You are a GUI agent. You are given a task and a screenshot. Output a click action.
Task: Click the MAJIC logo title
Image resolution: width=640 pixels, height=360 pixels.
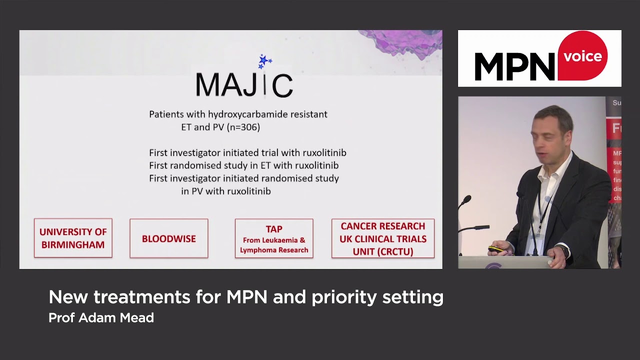point(244,84)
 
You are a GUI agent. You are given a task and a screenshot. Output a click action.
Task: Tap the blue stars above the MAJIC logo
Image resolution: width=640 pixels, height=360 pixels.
point(264,61)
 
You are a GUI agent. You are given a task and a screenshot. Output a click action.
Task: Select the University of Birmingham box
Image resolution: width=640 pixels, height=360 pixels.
point(73,238)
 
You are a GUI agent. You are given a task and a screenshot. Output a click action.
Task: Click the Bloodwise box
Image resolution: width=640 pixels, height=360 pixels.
point(169,238)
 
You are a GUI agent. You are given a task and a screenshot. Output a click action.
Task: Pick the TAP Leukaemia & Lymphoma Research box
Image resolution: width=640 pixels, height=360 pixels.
point(274,238)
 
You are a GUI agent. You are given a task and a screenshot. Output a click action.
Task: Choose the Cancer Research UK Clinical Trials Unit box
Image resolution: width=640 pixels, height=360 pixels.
point(383,238)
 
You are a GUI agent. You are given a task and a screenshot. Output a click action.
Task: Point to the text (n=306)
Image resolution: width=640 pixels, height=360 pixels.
point(243,127)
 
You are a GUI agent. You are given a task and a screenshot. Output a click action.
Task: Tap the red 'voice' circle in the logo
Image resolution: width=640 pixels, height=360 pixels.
point(582,56)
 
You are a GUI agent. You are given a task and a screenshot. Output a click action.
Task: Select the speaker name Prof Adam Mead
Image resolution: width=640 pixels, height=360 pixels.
point(101,317)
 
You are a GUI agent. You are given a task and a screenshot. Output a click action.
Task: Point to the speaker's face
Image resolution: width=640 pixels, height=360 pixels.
point(549,131)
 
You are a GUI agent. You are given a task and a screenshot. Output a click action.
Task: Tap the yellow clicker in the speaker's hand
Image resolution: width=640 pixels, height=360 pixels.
point(495,248)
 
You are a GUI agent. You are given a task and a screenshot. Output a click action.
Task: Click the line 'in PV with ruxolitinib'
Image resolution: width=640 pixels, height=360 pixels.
point(226,191)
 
